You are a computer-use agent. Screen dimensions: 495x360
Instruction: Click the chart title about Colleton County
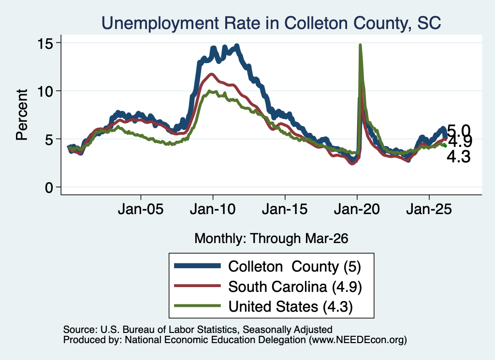click(271, 23)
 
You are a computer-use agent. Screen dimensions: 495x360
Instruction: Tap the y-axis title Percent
click(22, 115)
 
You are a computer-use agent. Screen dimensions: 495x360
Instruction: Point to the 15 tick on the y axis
click(45, 43)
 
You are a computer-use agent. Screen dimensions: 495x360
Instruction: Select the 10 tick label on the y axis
click(45, 91)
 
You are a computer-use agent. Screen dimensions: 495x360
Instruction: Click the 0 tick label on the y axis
click(49, 187)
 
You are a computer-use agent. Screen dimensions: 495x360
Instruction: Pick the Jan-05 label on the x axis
click(141, 209)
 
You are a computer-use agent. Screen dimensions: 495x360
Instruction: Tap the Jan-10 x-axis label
click(213, 209)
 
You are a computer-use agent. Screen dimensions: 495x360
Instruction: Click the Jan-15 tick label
click(285, 209)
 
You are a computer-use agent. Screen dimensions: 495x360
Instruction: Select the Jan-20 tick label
click(357, 209)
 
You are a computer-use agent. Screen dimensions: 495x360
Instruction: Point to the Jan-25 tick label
click(429, 209)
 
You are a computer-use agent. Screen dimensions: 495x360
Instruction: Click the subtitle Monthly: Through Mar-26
click(271, 238)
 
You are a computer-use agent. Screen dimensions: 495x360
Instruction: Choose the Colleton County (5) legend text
click(294, 267)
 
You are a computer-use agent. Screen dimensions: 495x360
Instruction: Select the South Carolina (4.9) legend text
click(295, 287)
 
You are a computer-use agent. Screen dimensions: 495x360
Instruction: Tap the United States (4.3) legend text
click(291, 307)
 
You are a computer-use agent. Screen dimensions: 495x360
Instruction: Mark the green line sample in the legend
click(197, 306)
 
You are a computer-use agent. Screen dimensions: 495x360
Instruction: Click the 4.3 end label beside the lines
click(458, 157)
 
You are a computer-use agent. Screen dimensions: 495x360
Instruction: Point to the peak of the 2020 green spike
click(360, 45)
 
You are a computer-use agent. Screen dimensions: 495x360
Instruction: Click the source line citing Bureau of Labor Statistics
click(198, 330)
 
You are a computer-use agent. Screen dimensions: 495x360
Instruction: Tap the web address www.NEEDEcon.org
click(358, 340)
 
